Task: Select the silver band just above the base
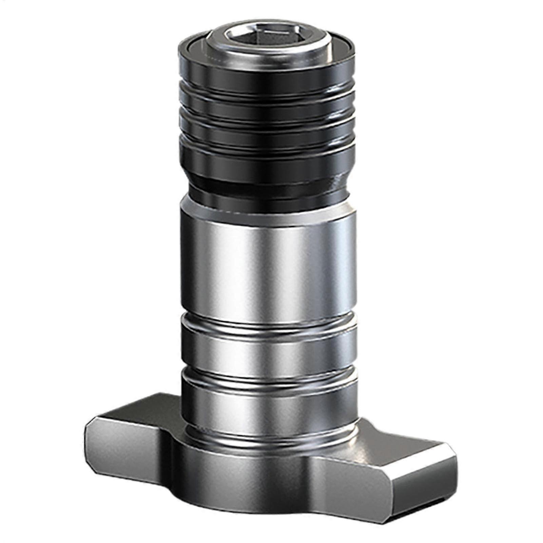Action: (268, 407)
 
